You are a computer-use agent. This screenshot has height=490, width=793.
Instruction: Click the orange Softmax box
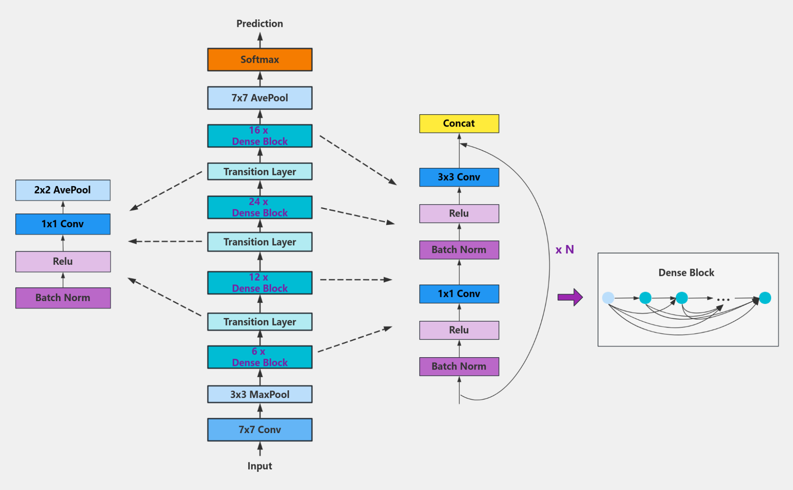[260, 60]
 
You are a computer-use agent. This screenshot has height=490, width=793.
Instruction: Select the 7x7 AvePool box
[260, 98]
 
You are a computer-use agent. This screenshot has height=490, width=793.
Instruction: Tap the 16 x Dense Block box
[260, 136]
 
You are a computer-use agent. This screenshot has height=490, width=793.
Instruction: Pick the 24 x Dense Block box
[260, 207]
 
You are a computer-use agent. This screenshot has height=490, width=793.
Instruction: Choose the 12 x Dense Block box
[260, 283]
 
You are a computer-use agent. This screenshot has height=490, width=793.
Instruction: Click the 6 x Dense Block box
[260, 357]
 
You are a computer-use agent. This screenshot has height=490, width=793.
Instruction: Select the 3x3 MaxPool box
[260, 394]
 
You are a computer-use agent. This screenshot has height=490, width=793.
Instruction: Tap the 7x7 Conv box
[260, 429]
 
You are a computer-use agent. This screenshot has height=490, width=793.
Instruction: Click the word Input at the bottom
[260, 466]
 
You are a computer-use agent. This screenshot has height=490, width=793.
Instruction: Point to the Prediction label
[260, 24]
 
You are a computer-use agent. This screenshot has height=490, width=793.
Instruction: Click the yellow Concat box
[459, 123]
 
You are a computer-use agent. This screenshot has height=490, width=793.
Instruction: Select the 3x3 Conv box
[459, 177]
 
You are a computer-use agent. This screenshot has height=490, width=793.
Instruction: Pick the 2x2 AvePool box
[63, 190]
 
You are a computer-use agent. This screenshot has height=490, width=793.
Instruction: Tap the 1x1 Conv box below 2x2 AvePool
[63, 224]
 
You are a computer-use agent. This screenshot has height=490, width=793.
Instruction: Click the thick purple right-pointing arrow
[570, 297]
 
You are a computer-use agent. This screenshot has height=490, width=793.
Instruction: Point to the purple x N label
[565, 250]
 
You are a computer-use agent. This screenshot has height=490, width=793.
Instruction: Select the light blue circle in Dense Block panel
[608, 298]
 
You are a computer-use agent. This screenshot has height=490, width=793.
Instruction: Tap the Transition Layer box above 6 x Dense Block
[260, 322]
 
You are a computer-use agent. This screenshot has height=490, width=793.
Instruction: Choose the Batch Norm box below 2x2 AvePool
[63, 298]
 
